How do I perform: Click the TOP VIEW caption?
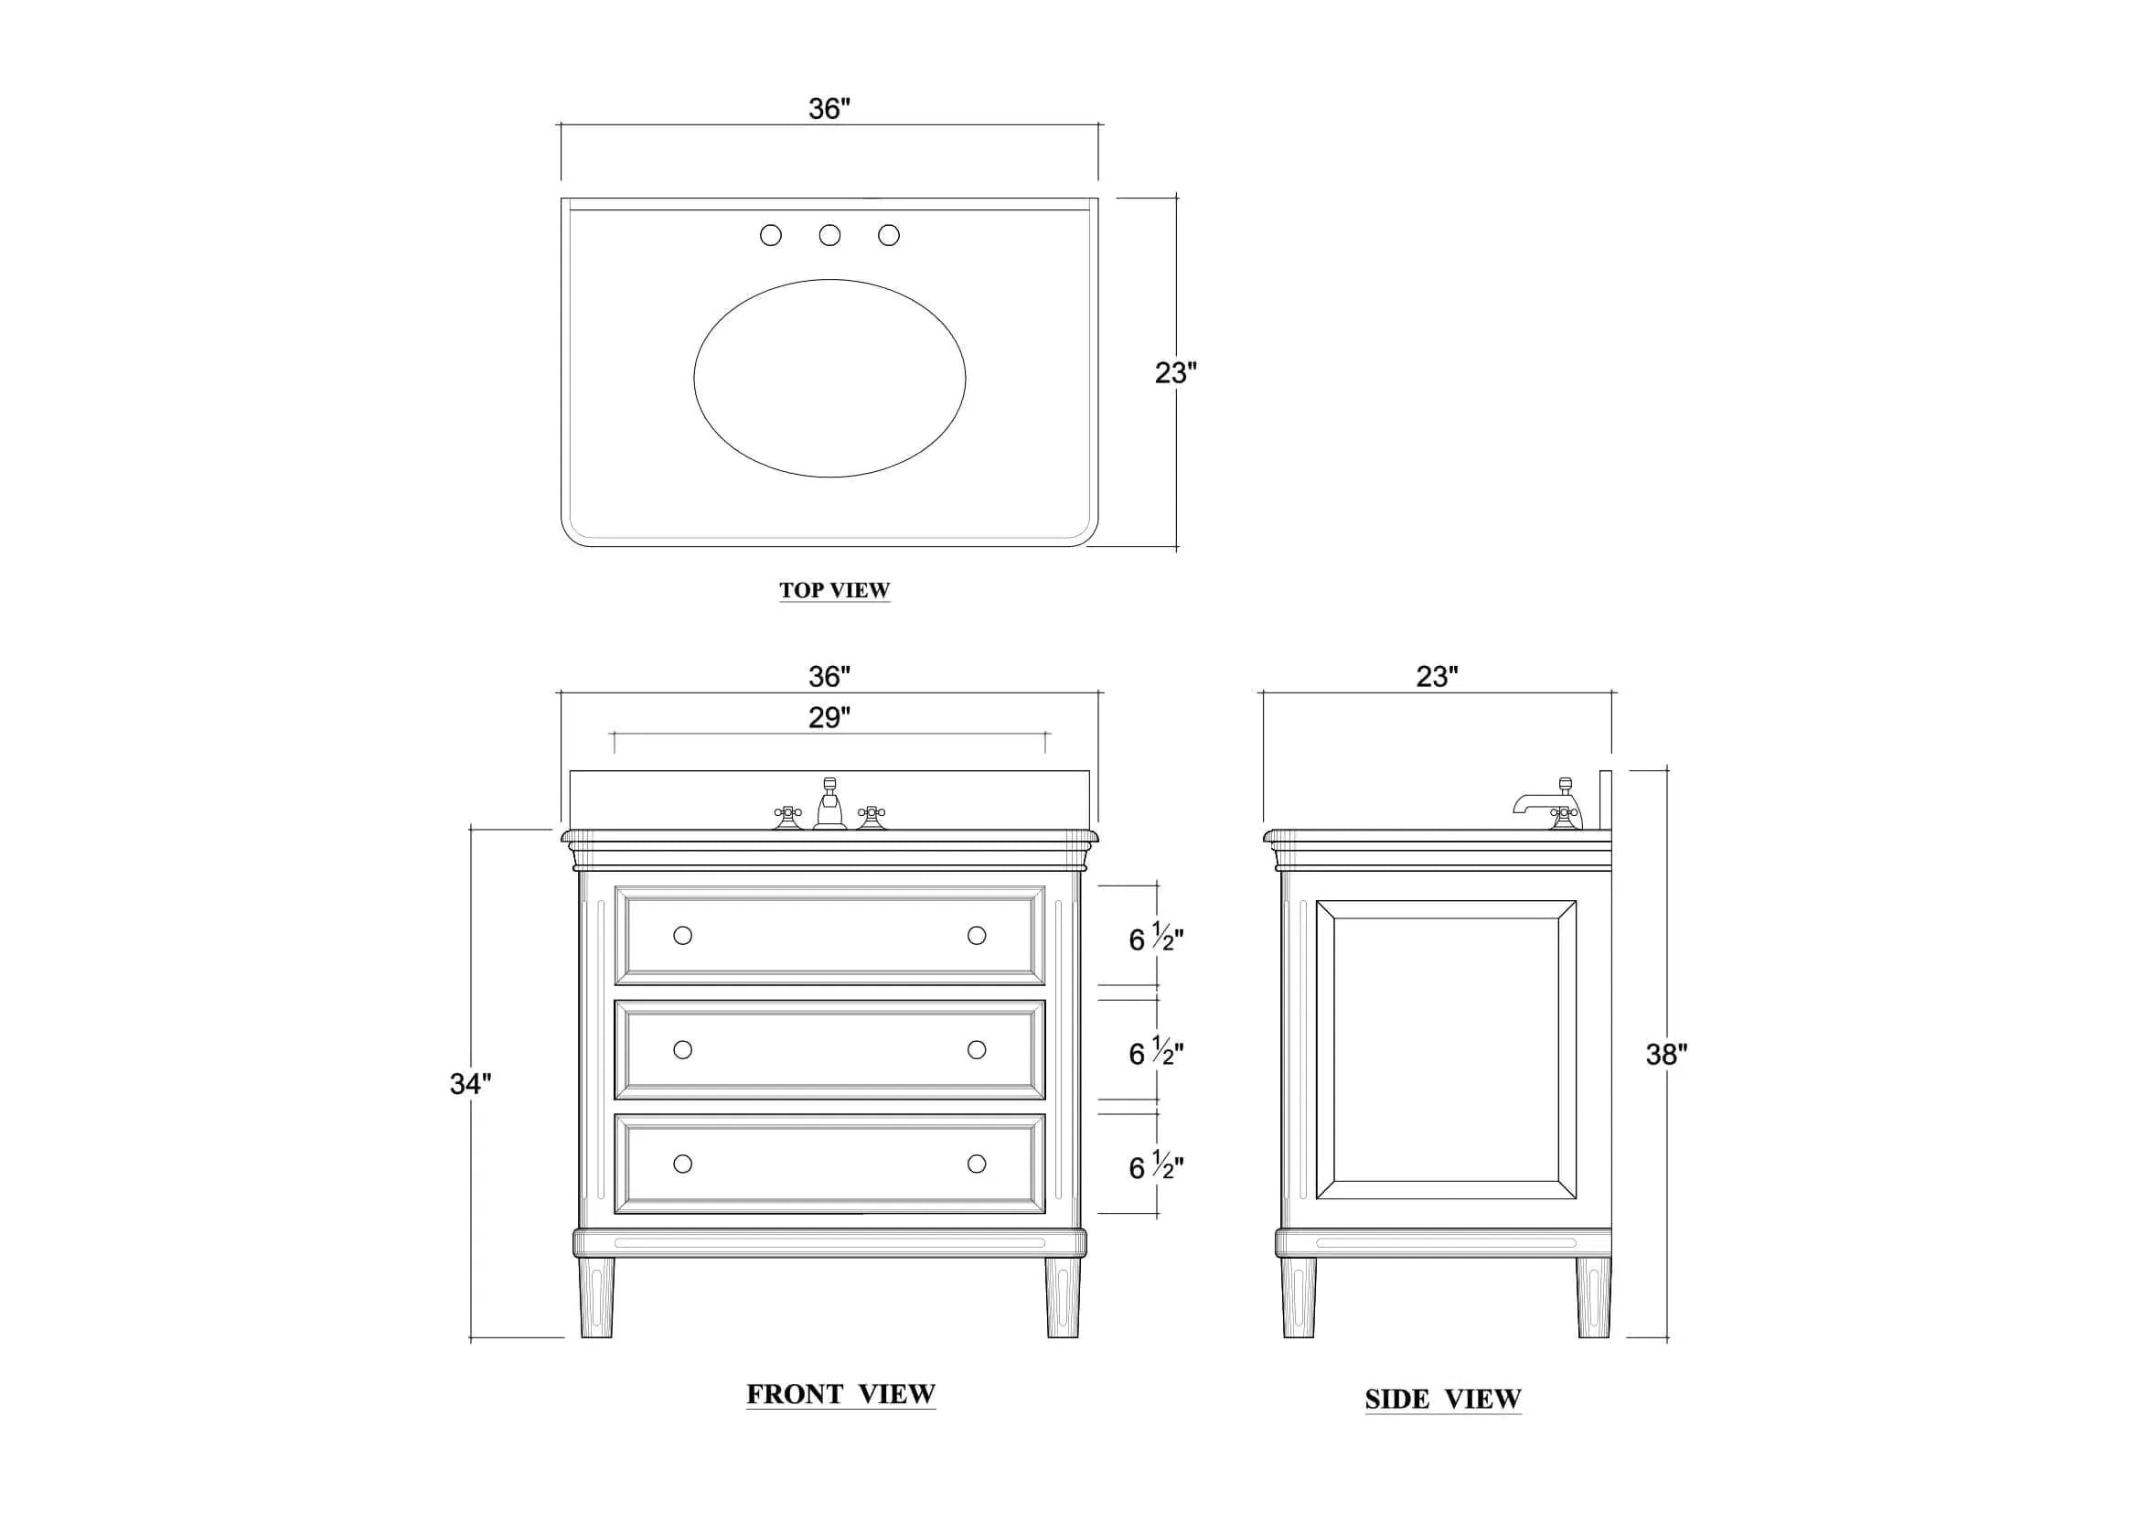pos(835,590)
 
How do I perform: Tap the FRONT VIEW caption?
pos(840,1394)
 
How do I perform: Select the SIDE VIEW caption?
pos(1443,1399)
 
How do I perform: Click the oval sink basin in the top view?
pos(829,379)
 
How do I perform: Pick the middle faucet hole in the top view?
pos(829,235)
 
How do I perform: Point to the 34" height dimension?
pos(470,1083)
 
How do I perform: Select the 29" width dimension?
pos(829,717)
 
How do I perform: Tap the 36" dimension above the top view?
pos(829,109)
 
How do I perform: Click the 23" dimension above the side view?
pos(1438,676)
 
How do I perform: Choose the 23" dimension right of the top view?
pos(1176,372)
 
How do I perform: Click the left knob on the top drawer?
pos(683,935)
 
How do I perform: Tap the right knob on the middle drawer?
pos(977,1050)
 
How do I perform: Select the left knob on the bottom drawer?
pos(683,1164)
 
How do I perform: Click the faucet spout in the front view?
pos(829,803)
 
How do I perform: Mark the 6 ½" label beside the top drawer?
pos(1156,939)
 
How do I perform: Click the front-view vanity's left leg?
pos(596,1298)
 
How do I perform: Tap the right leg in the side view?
pos(1593,1298)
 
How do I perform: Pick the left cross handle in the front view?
pos(788,817)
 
